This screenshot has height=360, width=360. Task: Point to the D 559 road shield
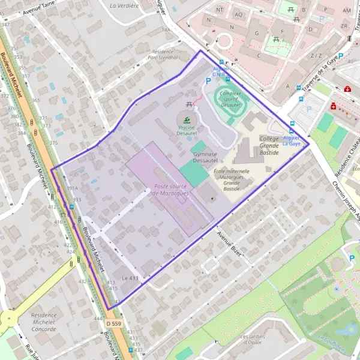(x=113, y=323)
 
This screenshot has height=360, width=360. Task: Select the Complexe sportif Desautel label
(x=230, y=99)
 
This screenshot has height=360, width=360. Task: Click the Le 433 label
(x=130, y=278)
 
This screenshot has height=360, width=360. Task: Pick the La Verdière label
(x=124, y=5)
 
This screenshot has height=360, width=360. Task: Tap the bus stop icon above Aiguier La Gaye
(x=292, y=131)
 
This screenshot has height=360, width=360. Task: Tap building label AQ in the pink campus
(x=239, y=14)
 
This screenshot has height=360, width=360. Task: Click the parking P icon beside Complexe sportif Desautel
(x=208, y=112)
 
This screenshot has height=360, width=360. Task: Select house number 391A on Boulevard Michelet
(x=73, y=188)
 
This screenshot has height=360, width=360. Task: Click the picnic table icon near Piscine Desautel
(x=190, y=104)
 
